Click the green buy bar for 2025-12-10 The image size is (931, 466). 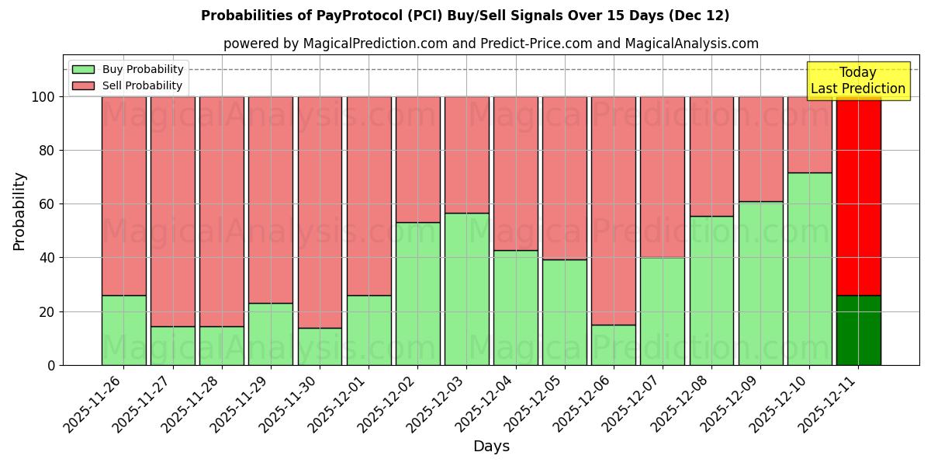(x=809, y=269)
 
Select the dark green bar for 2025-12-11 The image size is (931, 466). (x=858, y=330)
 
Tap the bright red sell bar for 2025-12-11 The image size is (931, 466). (x=858, y=196)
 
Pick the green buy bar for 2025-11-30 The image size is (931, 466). (x=320, y=346)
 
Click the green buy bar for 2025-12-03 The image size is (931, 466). (x=466, y=289)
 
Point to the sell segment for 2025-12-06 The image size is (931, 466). (x=614, y=210)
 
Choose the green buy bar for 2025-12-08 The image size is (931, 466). (x=711, y=290)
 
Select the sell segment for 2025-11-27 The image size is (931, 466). (x=172, y=211)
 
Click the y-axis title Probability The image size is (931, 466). (x=19, y=211)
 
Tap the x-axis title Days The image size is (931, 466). (x=491, y=447)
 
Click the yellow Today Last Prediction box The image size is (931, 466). (x=857, y=81)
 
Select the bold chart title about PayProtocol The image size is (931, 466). (x=465, y=16)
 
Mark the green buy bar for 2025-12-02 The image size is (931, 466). (x=417, y=294)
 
